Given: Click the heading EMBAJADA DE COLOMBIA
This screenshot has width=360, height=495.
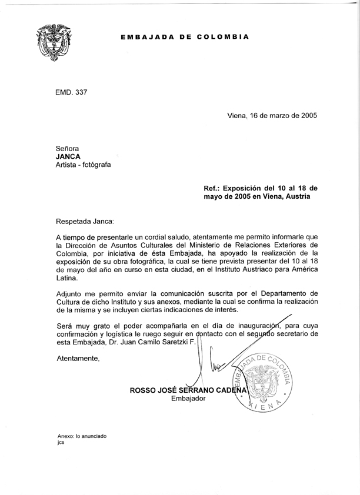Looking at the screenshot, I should [185, 36].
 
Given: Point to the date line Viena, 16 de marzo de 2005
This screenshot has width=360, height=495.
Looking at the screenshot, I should [272, 115].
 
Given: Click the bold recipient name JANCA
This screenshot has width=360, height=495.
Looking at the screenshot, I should [68, 157].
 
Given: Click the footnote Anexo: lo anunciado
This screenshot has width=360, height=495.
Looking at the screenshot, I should [82, 436].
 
